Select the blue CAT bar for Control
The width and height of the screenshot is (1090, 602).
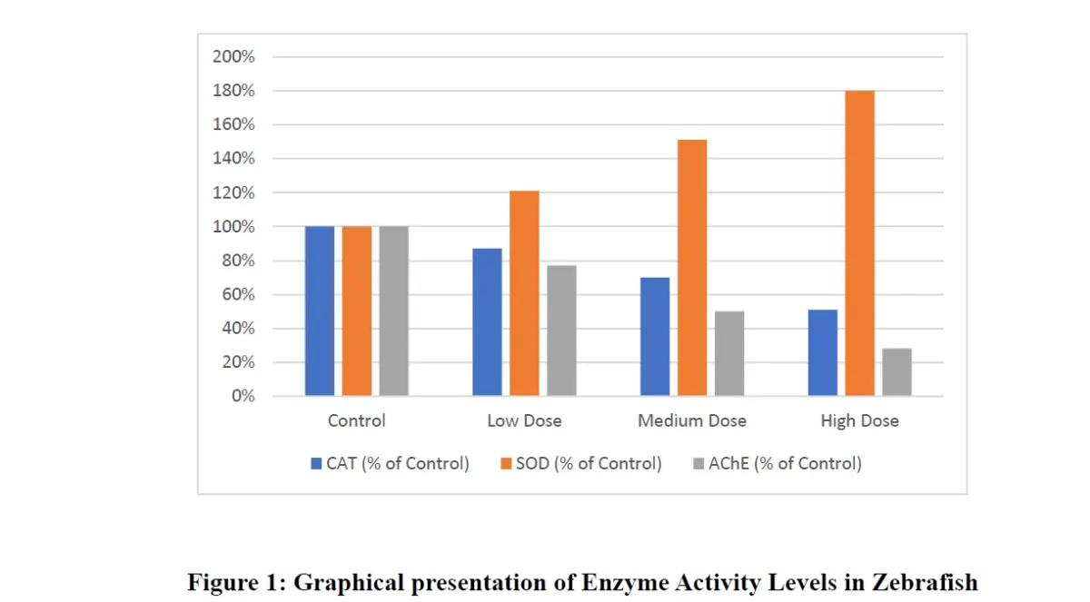tap(320, 311)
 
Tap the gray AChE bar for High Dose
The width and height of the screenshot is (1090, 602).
tap(897, 372)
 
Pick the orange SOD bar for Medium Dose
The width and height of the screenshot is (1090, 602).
tap(692, 268)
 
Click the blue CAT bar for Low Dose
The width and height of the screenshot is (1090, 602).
tap(487, 322)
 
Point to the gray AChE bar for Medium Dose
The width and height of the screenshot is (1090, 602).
tap(729, 354)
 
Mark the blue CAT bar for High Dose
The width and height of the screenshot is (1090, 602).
tap(822, 353)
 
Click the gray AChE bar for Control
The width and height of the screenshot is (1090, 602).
tap(394, 311)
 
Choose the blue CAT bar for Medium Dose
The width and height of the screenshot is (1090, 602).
tap(655, 337)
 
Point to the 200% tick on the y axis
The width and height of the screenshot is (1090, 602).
tap(233, 57)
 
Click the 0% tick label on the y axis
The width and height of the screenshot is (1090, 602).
tap(243, 397)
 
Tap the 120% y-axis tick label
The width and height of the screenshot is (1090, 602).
tap(233, 193)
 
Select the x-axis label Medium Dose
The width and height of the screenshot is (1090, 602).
tap(692, 421)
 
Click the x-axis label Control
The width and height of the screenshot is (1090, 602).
tap(357, 421)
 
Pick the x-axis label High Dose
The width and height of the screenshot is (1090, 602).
tap(859, 421)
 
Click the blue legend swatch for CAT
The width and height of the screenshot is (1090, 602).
tap(316, 464)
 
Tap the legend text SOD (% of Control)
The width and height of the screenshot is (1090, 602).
tap(589, 464)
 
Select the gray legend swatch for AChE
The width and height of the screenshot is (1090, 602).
tap(699, 464)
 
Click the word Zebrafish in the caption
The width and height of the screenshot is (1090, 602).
tap(926, 582)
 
